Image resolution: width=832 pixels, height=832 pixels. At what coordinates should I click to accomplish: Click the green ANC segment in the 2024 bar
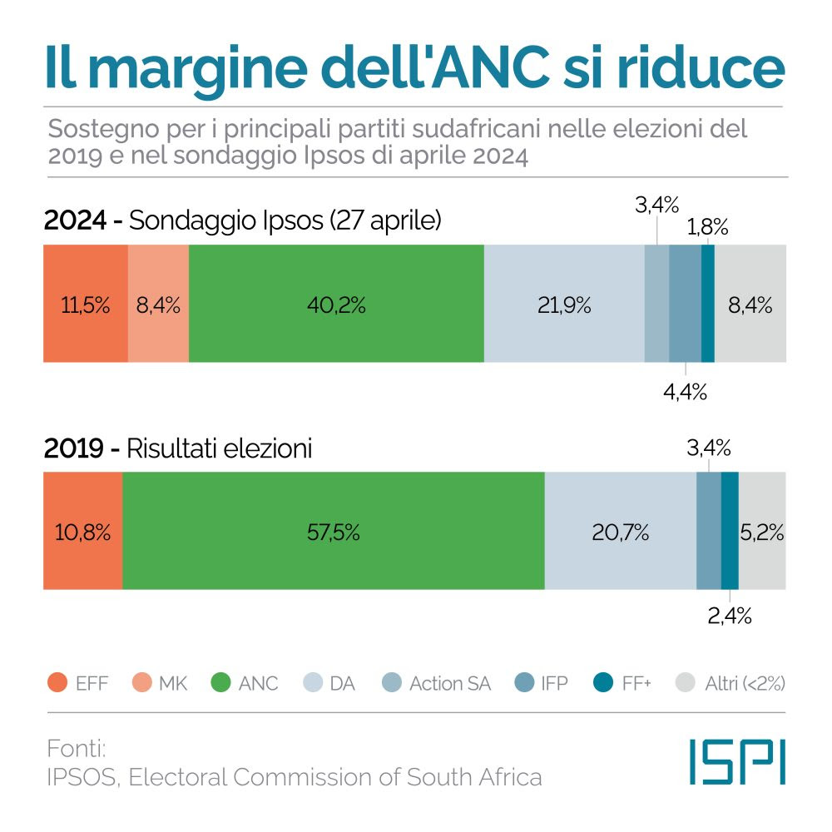pyautogui.click(x=336, y=305)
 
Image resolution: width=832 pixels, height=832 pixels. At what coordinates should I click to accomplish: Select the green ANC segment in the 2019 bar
pyautogui.click(x=333, y=532)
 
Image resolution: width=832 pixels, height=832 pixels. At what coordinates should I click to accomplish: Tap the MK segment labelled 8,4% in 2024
pyautogui.click(x=158, y=305)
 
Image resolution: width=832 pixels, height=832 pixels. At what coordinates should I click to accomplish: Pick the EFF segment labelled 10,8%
pyautogui.click(x=82, y=532)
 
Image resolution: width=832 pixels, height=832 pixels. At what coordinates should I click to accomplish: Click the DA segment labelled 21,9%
pyautogui.click(x=563, y=305)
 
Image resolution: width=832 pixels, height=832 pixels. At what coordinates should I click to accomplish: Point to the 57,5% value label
pyautogui.click(x=333, y=532)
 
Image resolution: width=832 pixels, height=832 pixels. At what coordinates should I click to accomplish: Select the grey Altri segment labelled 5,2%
pyautogui.click(x=762, y=532)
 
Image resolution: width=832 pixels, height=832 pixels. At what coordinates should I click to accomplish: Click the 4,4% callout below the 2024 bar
pyautogui.click(x=685, y=392)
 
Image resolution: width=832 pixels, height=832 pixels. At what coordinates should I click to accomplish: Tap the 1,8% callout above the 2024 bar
pyautogui.click(x=707, y=226)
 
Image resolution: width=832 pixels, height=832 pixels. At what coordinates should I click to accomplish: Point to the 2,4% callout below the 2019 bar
pyautogui.click(x=730, y=616)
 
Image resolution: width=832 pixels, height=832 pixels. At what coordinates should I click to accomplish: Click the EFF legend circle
pyautogui.click(x=57, y=684)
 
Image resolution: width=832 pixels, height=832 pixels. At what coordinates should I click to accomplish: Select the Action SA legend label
pyautogui.click(x=449, y=684)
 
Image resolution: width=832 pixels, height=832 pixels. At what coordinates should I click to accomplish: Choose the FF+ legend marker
pyautogui.click(x=602, y=684)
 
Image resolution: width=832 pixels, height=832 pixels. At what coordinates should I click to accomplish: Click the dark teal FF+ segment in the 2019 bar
pyautogui.click(x=730, y=532)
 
